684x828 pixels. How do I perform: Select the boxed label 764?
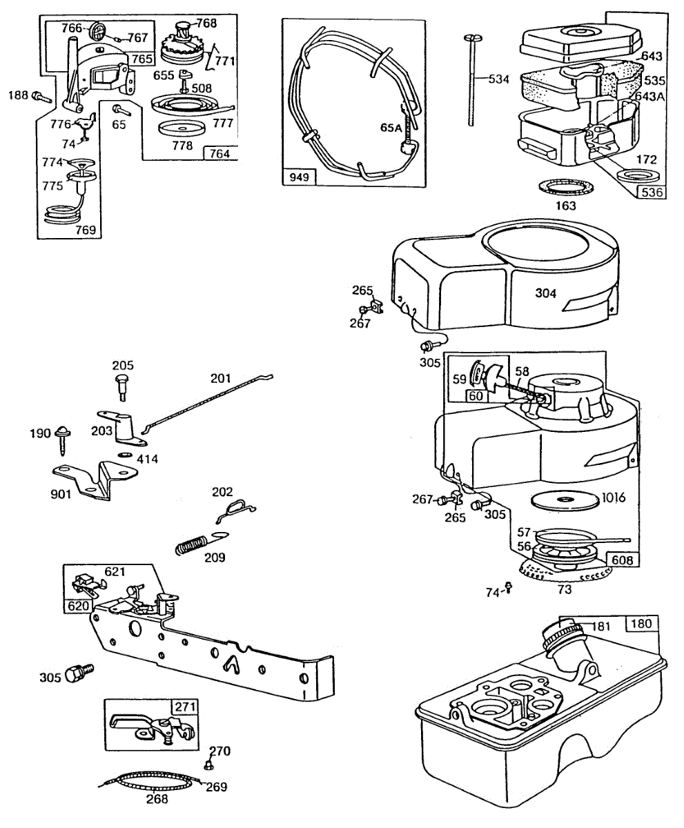pyautogui.click(x=220, y=153)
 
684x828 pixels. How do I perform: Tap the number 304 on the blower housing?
pyautogui.click(x=546, y=293)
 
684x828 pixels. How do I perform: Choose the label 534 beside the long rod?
pyautogui.click(x=498, y=79)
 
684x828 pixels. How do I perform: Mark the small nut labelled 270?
pyautogui.click(x=207, y=766)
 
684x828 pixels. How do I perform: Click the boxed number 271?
pyautogui.click(x=185, y=707)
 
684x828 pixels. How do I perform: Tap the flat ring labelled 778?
pyautogui.click(x=182, y=130)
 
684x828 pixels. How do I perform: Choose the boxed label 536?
pyautogui.click(x=652, y=193)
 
